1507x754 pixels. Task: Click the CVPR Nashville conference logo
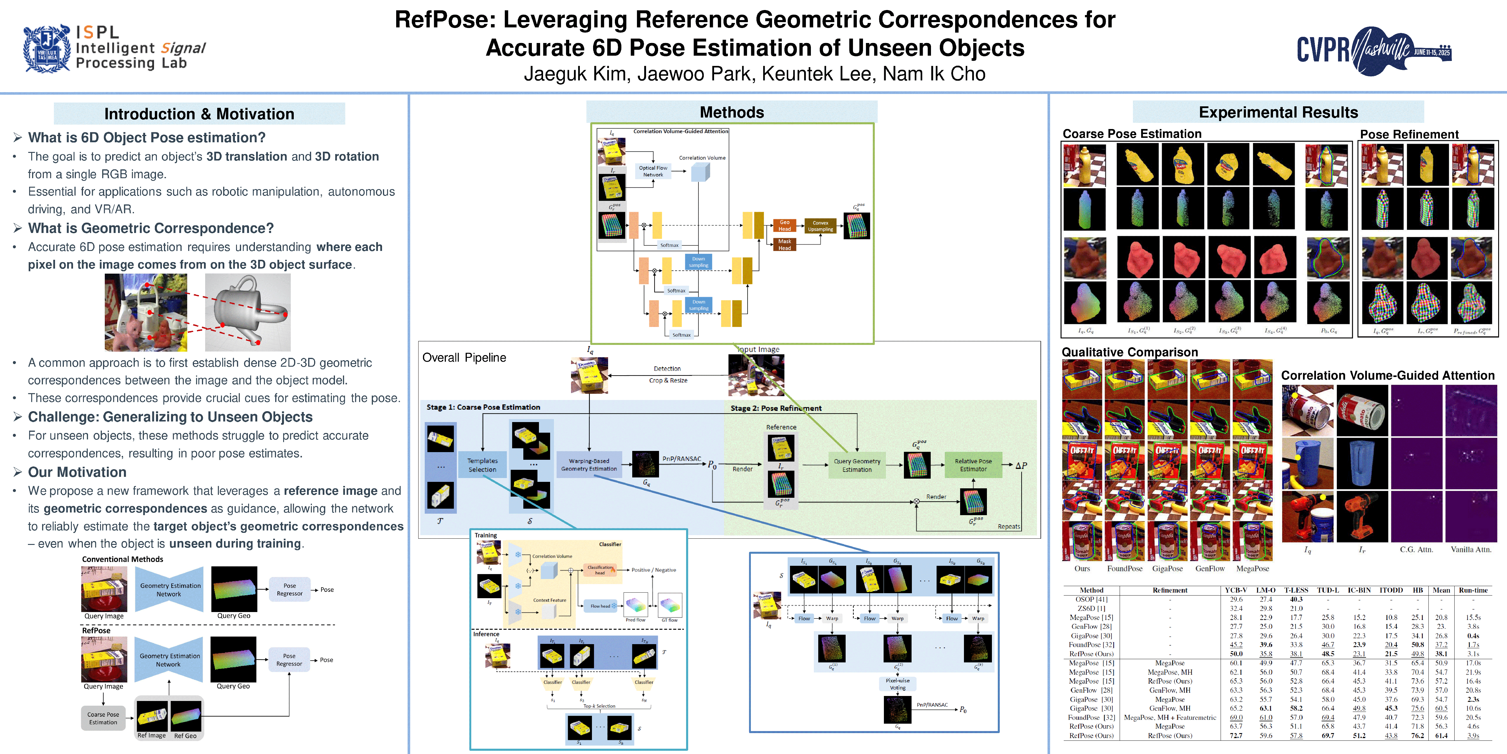[1374, 50]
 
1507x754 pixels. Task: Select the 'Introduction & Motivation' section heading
[199, 114]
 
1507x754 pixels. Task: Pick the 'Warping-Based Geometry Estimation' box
[589, 465]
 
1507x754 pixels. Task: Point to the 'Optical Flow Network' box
[653, 171]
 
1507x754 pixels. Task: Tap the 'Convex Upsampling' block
[820, 226]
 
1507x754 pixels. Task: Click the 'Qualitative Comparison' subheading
[1130, 352]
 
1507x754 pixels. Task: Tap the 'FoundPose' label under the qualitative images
[1124, 568]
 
